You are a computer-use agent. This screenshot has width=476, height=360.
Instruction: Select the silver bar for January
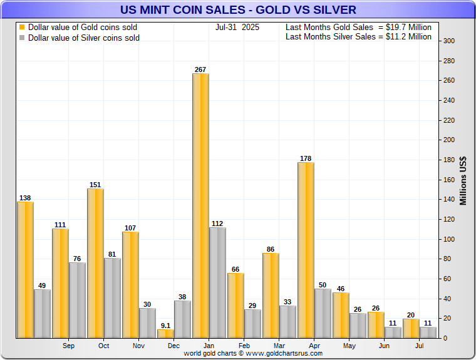click(217, 282)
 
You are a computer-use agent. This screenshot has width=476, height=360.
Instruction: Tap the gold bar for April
click(306, 250)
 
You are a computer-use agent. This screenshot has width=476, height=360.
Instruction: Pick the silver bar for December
click(182, 319)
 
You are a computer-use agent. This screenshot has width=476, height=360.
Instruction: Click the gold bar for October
click(95, 263)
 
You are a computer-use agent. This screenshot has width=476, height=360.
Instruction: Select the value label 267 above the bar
click(200, 69)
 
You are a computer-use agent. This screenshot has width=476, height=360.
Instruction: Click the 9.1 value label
click(165, 325)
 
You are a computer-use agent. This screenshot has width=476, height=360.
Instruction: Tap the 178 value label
click(306, 158)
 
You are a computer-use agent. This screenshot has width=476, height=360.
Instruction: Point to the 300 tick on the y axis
click(449, 41)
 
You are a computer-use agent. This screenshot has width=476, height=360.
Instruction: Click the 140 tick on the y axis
click(449, 200)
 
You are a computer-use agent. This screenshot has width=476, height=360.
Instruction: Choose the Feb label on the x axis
click(244, 346)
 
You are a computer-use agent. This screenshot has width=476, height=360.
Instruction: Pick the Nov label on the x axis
click(139, 346)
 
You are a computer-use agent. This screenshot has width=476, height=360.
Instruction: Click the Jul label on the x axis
click(420, 346)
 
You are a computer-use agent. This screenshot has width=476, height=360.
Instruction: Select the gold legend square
click(22, 28)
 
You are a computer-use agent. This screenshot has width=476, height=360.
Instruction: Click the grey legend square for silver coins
click(22, 38)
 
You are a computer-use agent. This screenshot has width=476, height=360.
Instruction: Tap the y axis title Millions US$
click(463, 180)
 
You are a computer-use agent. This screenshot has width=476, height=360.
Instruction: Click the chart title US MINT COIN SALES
click(238, 9)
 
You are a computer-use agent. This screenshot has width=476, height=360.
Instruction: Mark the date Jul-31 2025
click(237, 28)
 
